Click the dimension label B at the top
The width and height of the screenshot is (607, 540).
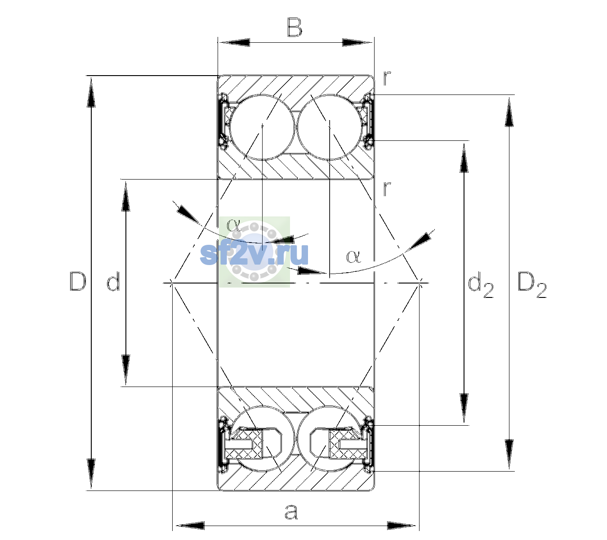(x=295, y=27)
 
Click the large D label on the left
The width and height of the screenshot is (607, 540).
(x=78, y=281)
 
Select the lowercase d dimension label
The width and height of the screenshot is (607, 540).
(x=114, y=281)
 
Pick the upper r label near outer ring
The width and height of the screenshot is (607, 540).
(x=387, y=78)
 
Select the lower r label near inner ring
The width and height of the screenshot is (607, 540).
(x=387, y=188)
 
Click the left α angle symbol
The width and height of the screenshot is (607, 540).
(x=233, y=225)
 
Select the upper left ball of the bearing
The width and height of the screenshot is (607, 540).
(x=262, y=127)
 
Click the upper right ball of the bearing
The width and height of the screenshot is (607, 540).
(x=329, y=127)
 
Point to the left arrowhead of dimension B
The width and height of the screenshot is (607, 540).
(x=234, y=43)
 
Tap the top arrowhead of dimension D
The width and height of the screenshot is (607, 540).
(x=91, y=91)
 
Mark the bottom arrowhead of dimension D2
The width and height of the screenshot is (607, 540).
(x=509, y=454)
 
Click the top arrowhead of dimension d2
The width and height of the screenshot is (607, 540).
(x=464, y=158)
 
